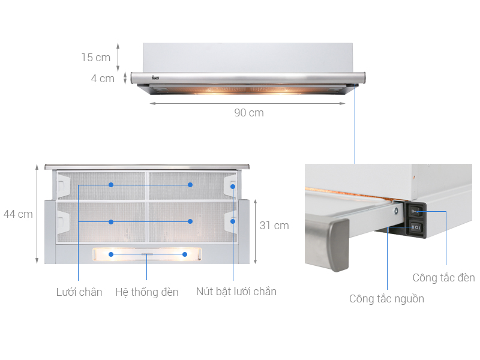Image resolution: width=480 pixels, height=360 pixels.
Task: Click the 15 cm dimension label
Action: point(96,57)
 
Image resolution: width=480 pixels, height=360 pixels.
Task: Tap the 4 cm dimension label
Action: point(103,79)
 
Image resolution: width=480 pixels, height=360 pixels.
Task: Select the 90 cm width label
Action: point(249,113)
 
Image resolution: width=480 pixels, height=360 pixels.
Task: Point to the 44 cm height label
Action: point(18,214)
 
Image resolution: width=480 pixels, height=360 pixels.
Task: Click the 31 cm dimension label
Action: point(274,226)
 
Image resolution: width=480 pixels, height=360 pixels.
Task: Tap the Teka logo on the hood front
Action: point(155,78)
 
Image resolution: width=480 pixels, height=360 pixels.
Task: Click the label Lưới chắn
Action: point(79,292)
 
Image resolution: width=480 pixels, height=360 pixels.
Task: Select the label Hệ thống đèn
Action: point(147,292)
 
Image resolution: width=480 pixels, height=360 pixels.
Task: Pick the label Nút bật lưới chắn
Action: point(236,292)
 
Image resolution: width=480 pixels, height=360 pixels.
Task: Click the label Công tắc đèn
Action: point(443,278)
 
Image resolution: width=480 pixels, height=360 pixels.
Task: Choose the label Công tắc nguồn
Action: point(386,299)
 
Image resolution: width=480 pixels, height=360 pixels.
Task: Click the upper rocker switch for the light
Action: point(416,211)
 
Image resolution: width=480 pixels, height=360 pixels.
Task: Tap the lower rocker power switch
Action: point(416,227)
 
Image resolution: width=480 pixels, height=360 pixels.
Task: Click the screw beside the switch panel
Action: point(397,211)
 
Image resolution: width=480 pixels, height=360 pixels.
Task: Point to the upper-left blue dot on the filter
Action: point(111,185)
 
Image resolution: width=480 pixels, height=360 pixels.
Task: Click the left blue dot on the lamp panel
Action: point(111,254)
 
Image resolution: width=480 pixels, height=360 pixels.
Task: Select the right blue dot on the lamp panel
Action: point(185,254)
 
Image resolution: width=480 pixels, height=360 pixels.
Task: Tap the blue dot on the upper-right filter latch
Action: point(233,187)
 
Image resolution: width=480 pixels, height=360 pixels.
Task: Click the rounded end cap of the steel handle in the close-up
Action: point(338,245)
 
